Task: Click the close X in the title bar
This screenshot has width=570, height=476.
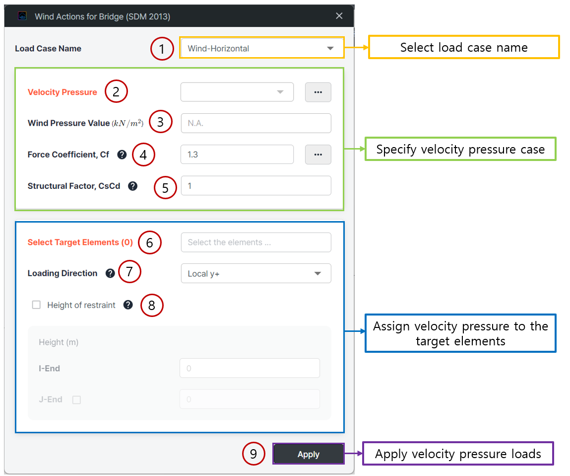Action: [x=339, y=16]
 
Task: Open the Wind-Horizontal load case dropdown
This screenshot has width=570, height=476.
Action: [x=261, y=48]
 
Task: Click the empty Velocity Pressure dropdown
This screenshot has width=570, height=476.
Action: [x=237, y=92]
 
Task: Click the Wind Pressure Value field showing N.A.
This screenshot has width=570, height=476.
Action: [x=256, y=123]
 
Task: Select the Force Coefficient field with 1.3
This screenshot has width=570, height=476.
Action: [x=237, y=155]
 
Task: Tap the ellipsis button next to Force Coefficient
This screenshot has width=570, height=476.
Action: [x=318, y=155]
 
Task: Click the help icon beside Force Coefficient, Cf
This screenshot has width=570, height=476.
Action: [x=122, y=155]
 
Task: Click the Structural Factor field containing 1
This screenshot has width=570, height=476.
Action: [x=256, y=186]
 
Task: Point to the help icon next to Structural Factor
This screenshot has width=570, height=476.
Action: [x=132, y=186]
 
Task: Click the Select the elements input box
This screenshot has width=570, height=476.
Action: [x=256, y=242]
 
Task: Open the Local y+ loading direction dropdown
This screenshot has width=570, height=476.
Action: [x=256, y=273]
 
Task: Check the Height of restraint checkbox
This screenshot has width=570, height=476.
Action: [x=36, y=305]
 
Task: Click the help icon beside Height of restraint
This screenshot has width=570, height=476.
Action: [x=128, y=305]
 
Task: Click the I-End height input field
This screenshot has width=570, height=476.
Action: [x=250, y=368]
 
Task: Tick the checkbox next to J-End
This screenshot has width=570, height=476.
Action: [x=76, y=400]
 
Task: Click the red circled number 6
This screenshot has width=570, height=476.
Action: [x=150, y=242]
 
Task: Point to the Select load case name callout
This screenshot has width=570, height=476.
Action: [x=464, y=47]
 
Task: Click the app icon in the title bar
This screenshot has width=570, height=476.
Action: [x=22, y=16]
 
